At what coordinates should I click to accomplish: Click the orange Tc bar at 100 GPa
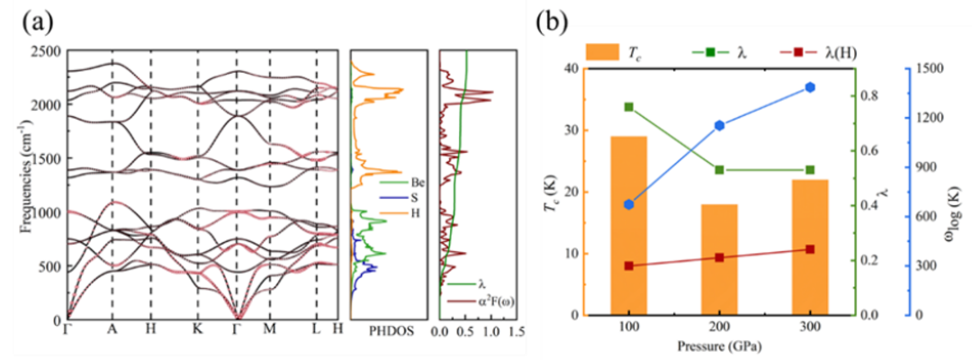[628, 225]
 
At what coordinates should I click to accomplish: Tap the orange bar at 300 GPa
[810, 247]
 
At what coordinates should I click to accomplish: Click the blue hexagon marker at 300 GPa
[810, 87]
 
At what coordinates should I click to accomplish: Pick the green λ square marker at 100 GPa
[628, 107]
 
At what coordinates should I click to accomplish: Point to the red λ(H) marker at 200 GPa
[719, 257]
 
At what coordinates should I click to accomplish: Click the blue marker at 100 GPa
[628, 204]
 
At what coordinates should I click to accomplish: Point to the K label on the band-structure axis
[197, 329]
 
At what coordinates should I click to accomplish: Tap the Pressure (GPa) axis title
[719, 346]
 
